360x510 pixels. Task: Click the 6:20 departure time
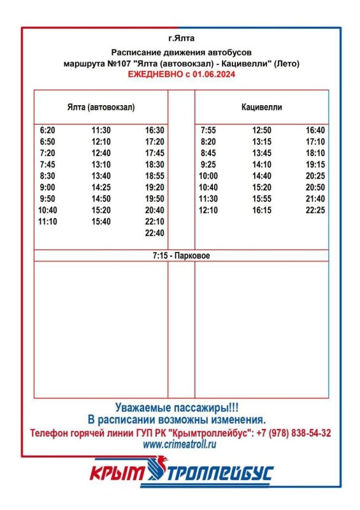[47, 129]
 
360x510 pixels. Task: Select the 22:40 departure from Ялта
[155, 233]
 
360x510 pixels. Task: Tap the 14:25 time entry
[101, 187]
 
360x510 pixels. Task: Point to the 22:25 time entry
[315, 210]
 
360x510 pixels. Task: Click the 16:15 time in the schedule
[262, 210]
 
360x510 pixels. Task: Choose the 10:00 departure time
[208, 176]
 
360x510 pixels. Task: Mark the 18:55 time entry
[155, 176]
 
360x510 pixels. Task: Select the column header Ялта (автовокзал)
[101, 107]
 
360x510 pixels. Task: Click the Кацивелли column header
[262, 107]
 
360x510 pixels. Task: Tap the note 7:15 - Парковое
[181, 256]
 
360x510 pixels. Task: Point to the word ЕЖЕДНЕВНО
[155, 75]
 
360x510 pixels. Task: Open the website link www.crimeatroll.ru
[180, 444]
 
